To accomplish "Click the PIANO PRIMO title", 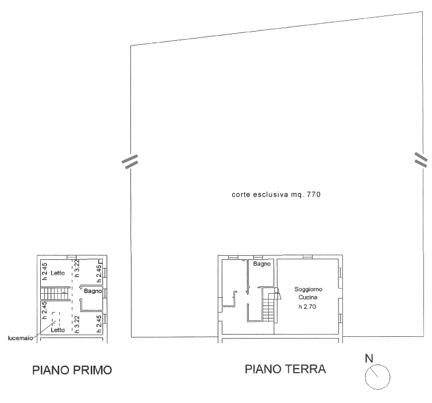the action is (72, 370).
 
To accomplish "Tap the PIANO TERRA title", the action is (286, 369).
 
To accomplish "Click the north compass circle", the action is (377, 377).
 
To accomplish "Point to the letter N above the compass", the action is (369, 358).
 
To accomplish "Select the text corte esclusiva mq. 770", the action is (276, 195).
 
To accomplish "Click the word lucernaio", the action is (20, 338).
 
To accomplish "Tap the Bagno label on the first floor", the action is (93, 291).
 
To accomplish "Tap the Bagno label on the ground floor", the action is (262, 264).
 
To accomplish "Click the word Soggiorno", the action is (308, 289).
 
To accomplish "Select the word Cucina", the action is (308, 297).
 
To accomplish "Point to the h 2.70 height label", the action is (307, 306).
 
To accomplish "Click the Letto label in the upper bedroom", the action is (57, 273).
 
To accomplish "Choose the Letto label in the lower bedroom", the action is (57, 329).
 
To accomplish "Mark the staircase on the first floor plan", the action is (55, 293).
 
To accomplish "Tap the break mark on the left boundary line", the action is (130, 161).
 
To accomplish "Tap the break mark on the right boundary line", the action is (421, 160).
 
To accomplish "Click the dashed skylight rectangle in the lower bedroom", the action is (55, 320).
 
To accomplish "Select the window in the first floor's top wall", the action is (72, 257).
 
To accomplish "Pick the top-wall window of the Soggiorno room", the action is (307, 257).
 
